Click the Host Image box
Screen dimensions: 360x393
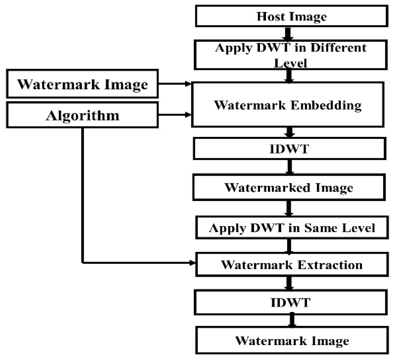tap(291, 16)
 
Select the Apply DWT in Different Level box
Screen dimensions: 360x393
tap(290, 55)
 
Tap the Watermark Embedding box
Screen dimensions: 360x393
tap(288, 105)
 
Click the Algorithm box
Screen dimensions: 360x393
tap(82, 115)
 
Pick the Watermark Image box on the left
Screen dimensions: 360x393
tap(82, 84)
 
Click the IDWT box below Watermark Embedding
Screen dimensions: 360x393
tap(289, 149)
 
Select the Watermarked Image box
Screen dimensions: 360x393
tap(289, 187)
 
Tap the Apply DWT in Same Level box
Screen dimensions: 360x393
tap(292, 228)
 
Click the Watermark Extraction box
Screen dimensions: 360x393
tap(292, 264)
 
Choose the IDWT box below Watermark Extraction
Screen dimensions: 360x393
tap(291, 302)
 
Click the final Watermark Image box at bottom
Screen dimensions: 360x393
tap(292, 341)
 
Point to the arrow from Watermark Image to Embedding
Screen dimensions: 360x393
tap(175, 84)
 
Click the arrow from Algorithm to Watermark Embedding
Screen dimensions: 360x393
tap(175, 115)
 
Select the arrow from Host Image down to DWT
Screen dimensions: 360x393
tap(288, 33)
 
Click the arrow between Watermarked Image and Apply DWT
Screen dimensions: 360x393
tap(289, 208)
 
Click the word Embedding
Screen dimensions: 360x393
tap(326, 105)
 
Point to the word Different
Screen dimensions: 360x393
tap(338, 48)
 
